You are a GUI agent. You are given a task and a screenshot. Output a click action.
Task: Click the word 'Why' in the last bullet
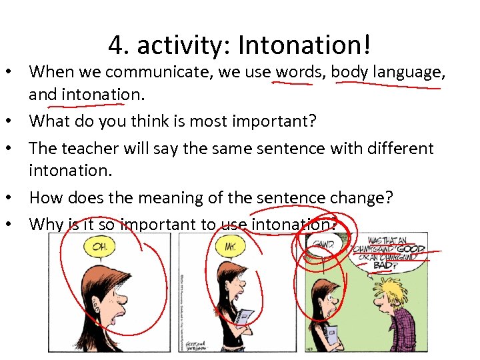coord(45,224)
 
